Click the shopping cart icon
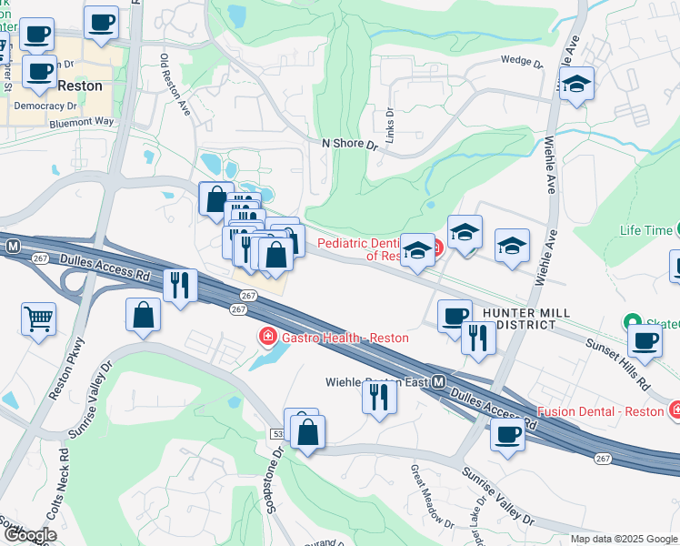pos(38,319)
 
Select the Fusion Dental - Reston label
pos(601,411)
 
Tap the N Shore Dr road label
pos(349,144)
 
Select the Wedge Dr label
pos(521,63)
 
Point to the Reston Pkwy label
pos(65,369)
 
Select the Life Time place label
pos(645,230)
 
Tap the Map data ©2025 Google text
pos(624,539)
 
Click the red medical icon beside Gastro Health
pos(267,338)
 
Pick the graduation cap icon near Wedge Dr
pos(575,85)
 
